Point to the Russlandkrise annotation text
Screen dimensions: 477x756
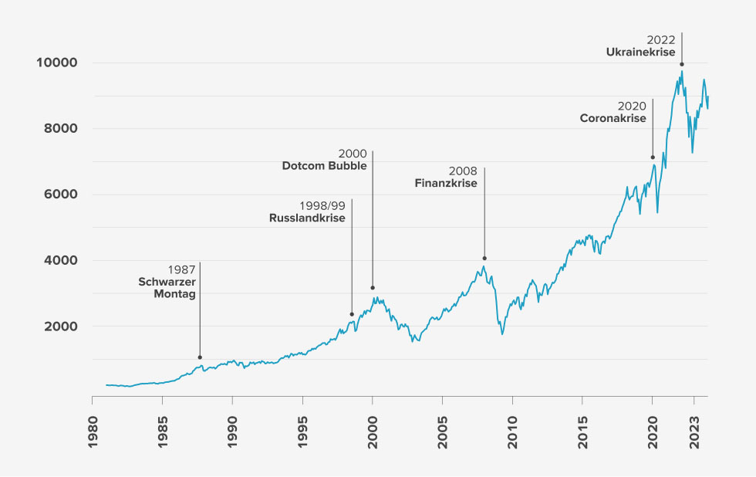click(x=307, y=218)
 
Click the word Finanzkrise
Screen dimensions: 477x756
click(x=444, y=184)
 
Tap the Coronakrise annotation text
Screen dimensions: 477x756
click(x=613, y=118)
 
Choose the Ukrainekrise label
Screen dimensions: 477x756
click(x=640, y=52)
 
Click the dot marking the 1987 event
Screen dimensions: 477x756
click(x=200, y=357)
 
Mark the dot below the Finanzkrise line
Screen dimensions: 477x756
click(x=484, y=259)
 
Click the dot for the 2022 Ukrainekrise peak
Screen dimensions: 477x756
click(x=682, y=65)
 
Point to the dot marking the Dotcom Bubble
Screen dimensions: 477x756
click(x=373, y=288)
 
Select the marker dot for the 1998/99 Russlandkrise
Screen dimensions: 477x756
click(x=352, y=314)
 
